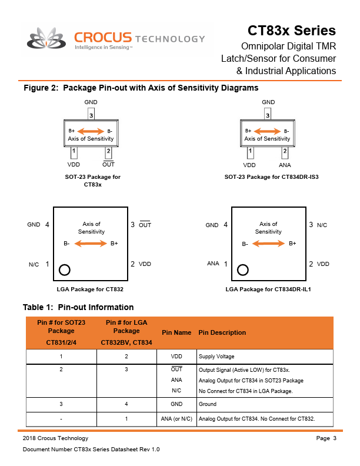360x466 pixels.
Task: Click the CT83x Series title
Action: pyautogui.click(x=291, y=31)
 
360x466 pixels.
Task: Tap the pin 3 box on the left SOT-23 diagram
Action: pyautogui.click(x=91, y=115)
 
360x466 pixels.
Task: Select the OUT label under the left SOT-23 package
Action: pyautogui.click(x=108, y=165)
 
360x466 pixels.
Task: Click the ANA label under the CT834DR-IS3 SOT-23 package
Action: pyautogui.click(x=285, y=165)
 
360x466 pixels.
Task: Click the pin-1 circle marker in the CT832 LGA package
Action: pyautogui.click(x=65, y=270)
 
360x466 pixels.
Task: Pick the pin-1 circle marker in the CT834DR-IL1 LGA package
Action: pyautogui.click(x=242, y=270)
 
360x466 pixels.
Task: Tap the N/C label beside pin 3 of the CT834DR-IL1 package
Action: pyautogui.click(x=322, y=225)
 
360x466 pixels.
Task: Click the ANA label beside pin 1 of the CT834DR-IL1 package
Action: pyautogui.click(x=213, y=264)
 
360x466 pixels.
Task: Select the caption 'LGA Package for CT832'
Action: pyautogui.click(x=90, y=289)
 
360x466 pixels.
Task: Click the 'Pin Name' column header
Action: pyautogui.click(x=176, y=332)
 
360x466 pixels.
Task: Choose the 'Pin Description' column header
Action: pyautogui.click(x=222, y=332)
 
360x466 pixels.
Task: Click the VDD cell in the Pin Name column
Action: pyautogui.click(x=176, y=357)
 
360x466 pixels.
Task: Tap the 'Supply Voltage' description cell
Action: pyautogui.click(x=216, y=357)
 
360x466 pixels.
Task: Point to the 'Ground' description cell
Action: pyautogui.click(x=208, y=404)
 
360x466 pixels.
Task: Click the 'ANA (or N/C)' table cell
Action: pyautogui.click(x=176, y=419)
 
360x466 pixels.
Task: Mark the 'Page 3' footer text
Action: pyautogui.click(x=326, y=438)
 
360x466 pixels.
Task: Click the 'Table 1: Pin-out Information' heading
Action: pyautogui.click(x=78, y=307)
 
